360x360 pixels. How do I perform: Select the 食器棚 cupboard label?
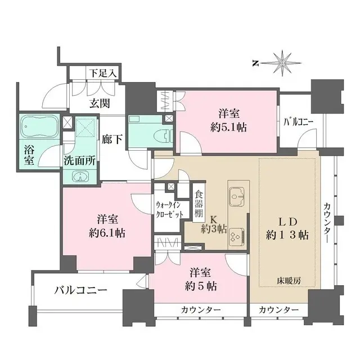pyautogui.click(x=199, y=205)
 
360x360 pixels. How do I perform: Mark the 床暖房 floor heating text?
pyautogui.click(x=289, y=280)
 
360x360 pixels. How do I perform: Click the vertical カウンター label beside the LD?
pyautogui.click(x=327, y=223)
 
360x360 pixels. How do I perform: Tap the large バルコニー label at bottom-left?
pyautogui.click(x=81, y=290)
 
